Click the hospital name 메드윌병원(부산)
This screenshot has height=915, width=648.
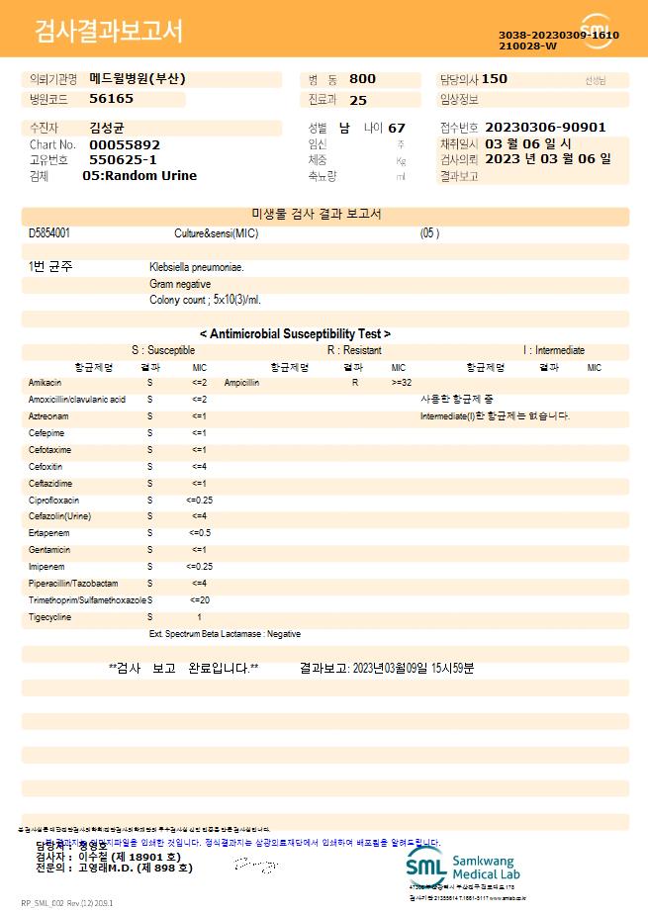tap(137, 79)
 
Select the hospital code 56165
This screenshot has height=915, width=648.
tap(111, 99)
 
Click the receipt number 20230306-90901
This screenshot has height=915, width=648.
tap(545, 128)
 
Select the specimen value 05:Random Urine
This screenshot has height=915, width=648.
tap(139, 176)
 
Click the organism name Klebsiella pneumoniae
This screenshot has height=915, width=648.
tap(197, 267)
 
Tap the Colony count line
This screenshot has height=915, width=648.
tap(205, 299)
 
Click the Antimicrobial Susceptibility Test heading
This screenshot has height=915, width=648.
tap(295, 334)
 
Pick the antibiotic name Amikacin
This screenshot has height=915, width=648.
tap(45, 382)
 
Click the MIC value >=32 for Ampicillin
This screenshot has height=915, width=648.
tap(402, 382)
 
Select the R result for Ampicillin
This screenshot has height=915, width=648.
tap(354, 382)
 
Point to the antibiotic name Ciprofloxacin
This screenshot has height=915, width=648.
tap(53, 501)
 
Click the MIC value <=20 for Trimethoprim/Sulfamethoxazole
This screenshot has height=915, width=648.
tap(199, 600)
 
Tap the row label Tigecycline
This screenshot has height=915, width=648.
tap(49, 617)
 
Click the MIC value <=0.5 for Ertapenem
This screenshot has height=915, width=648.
tap(199, 533)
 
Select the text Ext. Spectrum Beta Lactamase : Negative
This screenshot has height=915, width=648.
tap(225, 634)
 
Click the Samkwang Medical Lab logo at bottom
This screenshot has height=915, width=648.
tap(462, 867)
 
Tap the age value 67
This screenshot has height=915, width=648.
tap(397, 129)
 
